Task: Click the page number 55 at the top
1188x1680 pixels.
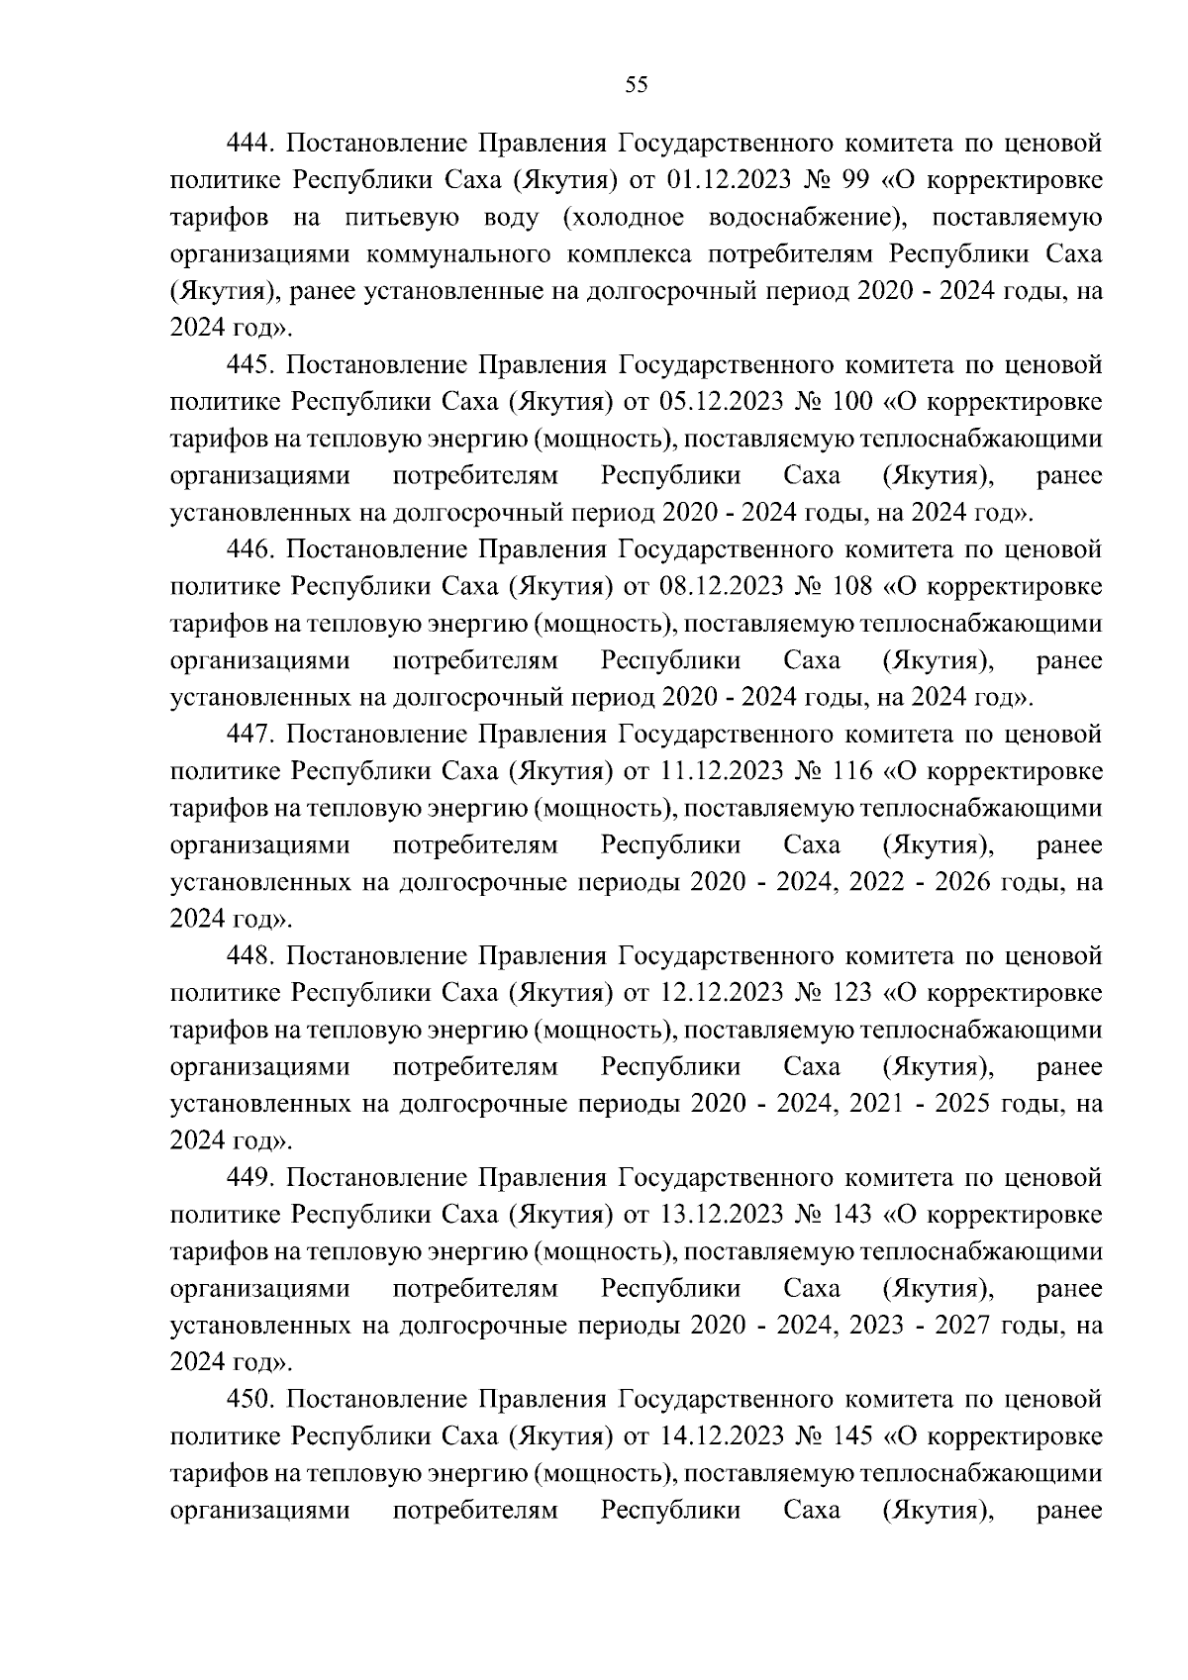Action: [637, 85]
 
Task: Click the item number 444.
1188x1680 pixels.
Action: [249, 144]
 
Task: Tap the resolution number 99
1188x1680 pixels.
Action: [851, 181]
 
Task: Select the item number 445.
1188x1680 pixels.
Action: [249, 365]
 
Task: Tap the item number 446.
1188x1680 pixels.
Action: [249, 550]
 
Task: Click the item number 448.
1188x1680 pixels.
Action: [249, 956]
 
